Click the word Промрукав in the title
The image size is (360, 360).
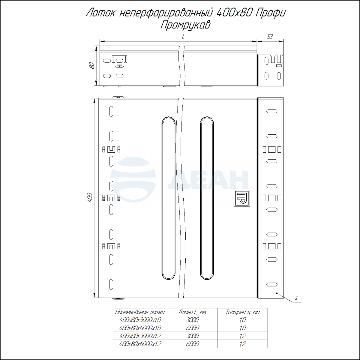click(x=185, y=25)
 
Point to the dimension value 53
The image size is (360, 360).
click(x=270, y=37)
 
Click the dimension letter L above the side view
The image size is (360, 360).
click(x=183, y=37)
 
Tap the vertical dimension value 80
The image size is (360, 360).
click(x=92, y=66)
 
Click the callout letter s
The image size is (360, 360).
click(x=296, y=298)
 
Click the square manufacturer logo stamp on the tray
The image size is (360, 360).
click(x=242, y=198)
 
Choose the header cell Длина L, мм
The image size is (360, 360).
click(x=193, y=312)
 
